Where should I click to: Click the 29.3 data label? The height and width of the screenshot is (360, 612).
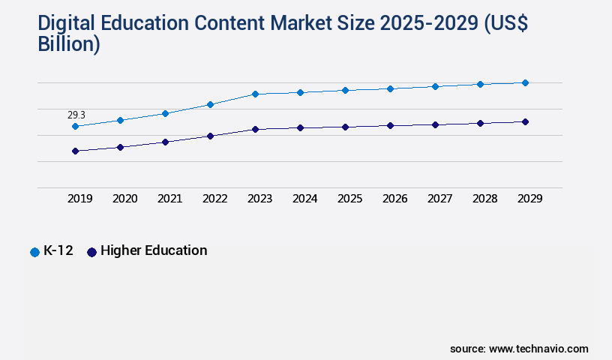(x=76, y=115)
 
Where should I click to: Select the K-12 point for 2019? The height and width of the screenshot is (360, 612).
(x=75, y=126)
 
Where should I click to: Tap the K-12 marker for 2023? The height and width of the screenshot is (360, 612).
(x=255, y=94)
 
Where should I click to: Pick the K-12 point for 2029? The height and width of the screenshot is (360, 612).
(x=525, y=82)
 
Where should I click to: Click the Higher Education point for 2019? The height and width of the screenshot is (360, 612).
(x=75, y=151)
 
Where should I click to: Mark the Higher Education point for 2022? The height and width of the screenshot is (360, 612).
(x=210, y=136)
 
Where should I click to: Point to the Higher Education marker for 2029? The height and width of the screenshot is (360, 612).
(x=525, y=121)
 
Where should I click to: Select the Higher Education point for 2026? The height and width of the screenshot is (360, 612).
(x=390, y=125)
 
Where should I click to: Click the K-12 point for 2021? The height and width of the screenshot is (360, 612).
(x=165, y=113)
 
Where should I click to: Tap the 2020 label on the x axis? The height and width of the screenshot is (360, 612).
(x=125, y=199)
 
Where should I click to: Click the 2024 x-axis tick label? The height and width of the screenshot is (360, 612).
(x=305, y=199)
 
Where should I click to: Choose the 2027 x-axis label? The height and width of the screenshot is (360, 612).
(x=440, y=199)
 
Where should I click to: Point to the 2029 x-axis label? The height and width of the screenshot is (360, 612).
(x=530, y=199)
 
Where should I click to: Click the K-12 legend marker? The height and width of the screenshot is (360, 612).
(x=34, y=252)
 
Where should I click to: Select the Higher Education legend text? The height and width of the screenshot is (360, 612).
(x=154, y=250)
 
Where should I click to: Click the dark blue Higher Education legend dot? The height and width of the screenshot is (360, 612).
(x=92, y=252)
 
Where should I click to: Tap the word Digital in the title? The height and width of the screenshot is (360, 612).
(x=70, y=23)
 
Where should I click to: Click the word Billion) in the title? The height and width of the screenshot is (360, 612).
(x=69, y=44)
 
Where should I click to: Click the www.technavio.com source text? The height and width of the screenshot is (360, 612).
(x=538, y=349)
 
